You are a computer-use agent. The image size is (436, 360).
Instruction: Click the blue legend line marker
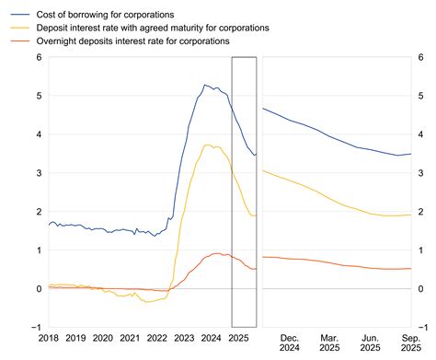pos(16,14)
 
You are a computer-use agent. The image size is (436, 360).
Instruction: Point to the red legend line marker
pos(16,42)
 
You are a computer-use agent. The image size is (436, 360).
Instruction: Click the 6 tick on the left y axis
pos(38,57)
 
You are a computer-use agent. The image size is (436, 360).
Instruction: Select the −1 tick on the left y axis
pos(35,328)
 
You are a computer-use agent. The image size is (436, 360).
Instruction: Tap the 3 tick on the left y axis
pos(38,173)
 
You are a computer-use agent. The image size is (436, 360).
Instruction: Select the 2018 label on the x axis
pos(49,338)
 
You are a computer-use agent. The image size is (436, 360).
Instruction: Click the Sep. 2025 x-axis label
pos(411,343)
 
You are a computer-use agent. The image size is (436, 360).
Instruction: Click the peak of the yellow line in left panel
pos(209,145)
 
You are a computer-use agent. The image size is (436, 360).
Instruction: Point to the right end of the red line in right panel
pos(410,269)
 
